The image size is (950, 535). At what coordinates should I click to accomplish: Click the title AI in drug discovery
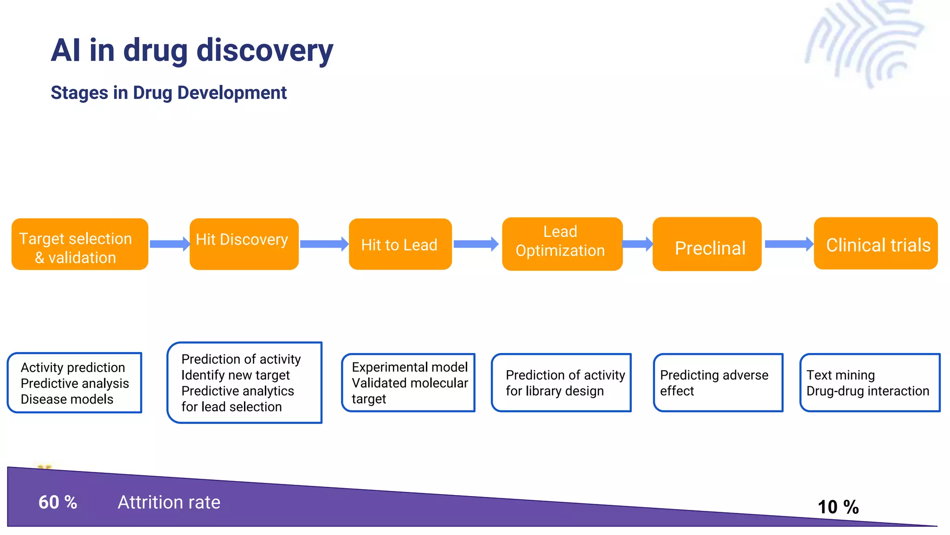click(192, 50)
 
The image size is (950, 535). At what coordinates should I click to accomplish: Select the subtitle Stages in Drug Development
click(168, 92)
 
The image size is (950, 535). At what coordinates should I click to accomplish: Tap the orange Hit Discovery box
click(244, 243)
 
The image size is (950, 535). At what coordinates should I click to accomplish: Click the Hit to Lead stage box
click(400, 244)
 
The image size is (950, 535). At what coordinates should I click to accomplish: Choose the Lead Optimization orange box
click(562, 243)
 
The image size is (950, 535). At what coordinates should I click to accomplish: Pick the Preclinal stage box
click(706, 244)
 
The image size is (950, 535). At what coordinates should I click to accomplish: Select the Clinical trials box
click(875, 243)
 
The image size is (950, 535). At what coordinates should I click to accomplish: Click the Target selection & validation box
click(79, 244)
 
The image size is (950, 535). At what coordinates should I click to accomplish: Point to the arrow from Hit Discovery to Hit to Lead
click(324, 244)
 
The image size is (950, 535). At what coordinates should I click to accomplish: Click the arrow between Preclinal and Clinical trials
click(788, 244)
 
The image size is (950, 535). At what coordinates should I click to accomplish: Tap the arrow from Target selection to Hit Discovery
click(169, 244)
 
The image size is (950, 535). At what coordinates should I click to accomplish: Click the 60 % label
click(58, 502)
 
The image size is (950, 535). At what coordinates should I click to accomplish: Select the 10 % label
click(838, 507)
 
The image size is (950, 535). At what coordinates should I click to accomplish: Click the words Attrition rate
click(169, 502)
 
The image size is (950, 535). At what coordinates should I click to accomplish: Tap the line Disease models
click(67, 399)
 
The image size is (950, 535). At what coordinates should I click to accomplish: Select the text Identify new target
click(235, 375)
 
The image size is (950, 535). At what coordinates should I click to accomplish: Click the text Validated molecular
click(410, 383)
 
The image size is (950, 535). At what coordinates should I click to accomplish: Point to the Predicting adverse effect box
click(718, 383)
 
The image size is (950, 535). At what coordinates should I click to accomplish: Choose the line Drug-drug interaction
click(867, 391)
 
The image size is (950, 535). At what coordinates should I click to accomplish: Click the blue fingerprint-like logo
click(866, 42)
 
